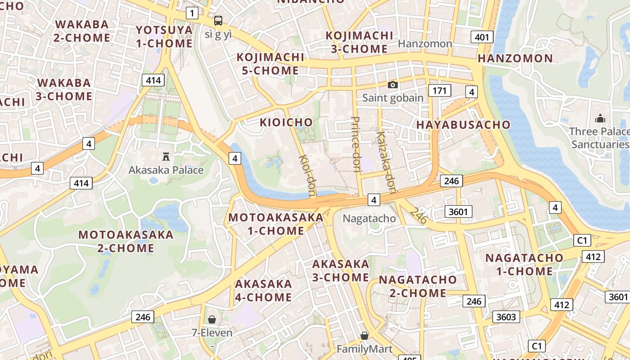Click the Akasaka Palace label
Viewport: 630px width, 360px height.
coord(166,170)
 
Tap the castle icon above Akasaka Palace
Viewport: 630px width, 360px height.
coord(166,157)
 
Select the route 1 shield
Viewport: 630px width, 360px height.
coord(192,13)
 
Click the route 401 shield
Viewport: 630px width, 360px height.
coord(481,37)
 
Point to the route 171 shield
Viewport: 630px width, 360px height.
coord(439,90)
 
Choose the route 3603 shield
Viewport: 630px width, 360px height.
coord(505,317)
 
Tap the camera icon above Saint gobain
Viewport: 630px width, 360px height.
coord(393,85)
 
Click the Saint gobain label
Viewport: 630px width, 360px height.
coord(393,98)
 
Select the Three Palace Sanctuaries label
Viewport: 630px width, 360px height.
coord(599,138)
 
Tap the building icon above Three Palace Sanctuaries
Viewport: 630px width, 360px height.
coord(600,118)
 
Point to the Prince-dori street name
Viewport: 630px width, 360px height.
coord(356,144)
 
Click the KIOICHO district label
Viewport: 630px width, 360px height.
coord(286,122)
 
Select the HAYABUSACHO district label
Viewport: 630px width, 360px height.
coord(463,125)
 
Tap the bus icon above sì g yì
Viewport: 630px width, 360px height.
coord(218,20)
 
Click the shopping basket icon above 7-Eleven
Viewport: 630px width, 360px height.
coord(212,319)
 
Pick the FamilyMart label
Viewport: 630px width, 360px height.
coord(364,349)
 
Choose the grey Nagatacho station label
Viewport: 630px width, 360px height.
coord(369,219)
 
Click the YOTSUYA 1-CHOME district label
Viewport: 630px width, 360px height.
coord(164,36)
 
